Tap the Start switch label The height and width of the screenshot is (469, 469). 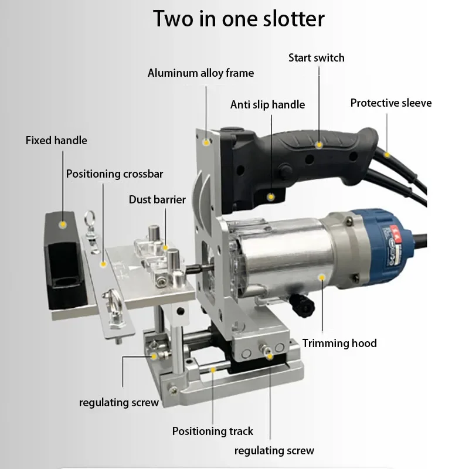tap(316, 57)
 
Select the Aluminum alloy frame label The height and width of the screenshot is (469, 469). tap(200, 73)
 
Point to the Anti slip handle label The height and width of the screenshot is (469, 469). tap(267, 105)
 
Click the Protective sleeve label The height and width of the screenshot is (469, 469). tap(390, 103)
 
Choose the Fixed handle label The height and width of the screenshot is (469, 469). tap(56, 141)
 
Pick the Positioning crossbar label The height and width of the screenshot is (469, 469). tap(114, 174)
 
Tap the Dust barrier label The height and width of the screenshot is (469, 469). tap(157, 200)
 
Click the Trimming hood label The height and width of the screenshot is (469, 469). tap(339, 344)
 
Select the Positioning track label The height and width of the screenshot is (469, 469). tap(212, 431)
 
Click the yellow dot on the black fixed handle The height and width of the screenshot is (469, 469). tap(62, 224)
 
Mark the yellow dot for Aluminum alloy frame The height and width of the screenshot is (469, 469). tap(206, 141)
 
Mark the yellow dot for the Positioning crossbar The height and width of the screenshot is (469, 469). tap(104, 264)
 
